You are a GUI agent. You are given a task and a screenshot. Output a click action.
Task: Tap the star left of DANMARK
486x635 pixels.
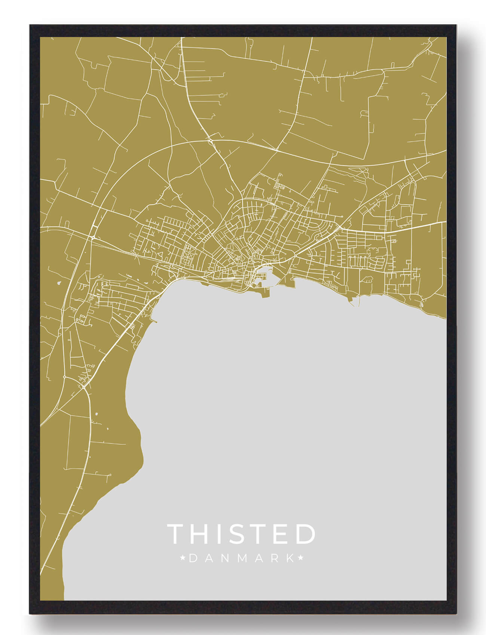click(x=183, y=558)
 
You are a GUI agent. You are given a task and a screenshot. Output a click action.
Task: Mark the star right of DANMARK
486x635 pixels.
click(x=300, y=558)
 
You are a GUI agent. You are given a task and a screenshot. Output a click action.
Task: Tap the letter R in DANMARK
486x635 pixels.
click(x=274, y=558)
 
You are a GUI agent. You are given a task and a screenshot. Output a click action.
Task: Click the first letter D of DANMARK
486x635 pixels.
click(x=193, y=558)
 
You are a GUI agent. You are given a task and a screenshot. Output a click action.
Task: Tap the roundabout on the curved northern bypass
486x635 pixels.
click(x=211, y=141)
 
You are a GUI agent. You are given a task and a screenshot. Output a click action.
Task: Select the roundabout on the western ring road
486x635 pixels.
click(x=92, y=237)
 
